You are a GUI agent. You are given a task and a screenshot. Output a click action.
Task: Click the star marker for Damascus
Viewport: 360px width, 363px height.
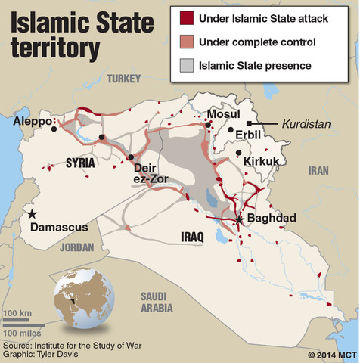(x=32, y=214)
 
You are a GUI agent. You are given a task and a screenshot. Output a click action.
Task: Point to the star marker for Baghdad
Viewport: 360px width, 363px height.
(x=239, y=219)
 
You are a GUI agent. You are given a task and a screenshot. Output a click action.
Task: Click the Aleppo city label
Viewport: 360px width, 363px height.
(x=31, y=121)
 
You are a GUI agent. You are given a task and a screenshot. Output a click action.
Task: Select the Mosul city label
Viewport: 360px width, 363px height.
(x=223, y=114)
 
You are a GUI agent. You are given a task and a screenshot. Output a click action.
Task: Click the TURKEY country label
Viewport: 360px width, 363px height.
(x=125, y=78)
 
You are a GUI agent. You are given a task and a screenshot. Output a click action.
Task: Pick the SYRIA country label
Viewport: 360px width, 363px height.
(x=81, y=162)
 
